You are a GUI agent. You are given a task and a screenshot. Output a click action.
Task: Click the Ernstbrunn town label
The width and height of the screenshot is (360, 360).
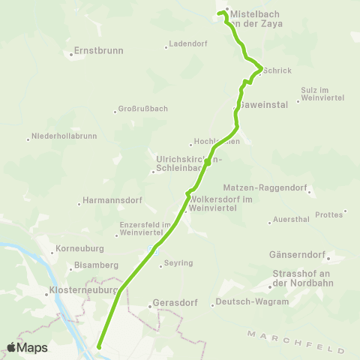(x=98, y=52)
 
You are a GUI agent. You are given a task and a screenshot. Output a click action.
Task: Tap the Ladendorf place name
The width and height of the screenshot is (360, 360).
(x=187, y=43)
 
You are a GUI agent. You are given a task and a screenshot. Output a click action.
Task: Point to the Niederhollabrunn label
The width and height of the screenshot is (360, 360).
(x=62, y=137)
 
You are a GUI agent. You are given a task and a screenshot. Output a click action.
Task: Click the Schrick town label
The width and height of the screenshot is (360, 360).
(x=277, y=70)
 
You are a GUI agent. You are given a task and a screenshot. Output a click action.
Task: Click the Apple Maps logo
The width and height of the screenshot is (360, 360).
(x=27, y=347)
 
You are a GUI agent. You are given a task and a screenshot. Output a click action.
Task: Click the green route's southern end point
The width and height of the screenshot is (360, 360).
(x=99, y=346)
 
